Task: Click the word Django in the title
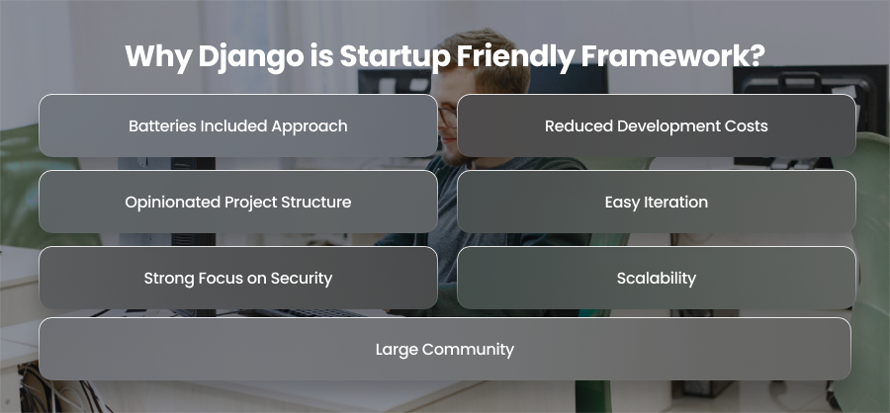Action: point(251,57)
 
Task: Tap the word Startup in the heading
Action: point(395,57)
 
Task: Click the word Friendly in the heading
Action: point(515,57)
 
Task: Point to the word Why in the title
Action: point(158,57)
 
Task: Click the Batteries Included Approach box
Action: point(237,125)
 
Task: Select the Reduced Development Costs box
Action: point(657,125)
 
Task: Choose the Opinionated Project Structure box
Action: point(237,202)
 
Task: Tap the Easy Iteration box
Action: point(657,202)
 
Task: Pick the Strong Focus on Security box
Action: point(237,278)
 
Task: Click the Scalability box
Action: point(657,278)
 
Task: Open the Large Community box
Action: point(445,349)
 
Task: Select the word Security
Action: point(302,279)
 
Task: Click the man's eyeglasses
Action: point(447,117)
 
